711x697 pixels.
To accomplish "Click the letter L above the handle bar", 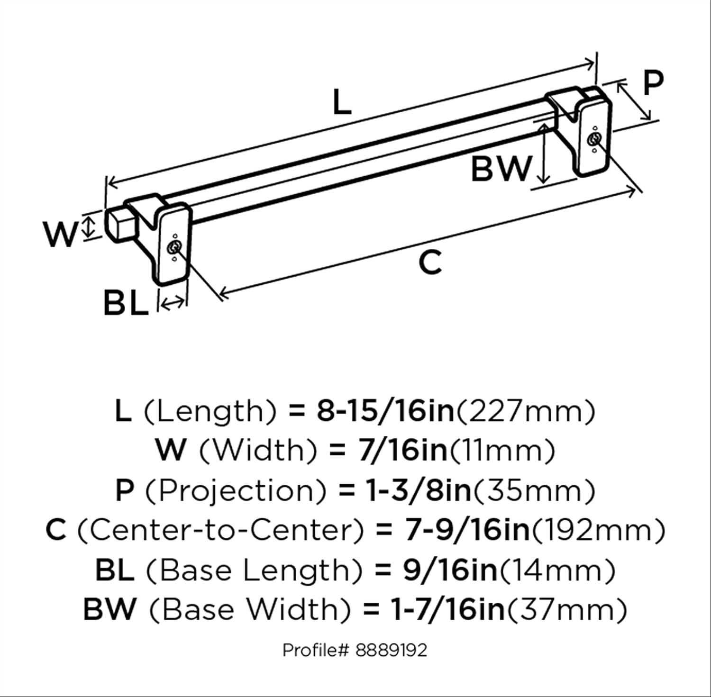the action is click(x=341, y=102).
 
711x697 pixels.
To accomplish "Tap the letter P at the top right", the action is click(x=653, y=84).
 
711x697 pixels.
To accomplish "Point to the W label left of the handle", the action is click(x=60, y=235).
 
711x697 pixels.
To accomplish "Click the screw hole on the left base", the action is click(x=174, y=248).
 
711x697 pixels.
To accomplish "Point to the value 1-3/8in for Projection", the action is click(x=419, y=490).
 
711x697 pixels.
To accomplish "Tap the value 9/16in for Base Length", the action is click(x=450, y=570).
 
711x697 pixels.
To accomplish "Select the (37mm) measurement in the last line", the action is click(x=567, y=609).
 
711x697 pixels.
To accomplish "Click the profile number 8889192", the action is click(x=391, y=650).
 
